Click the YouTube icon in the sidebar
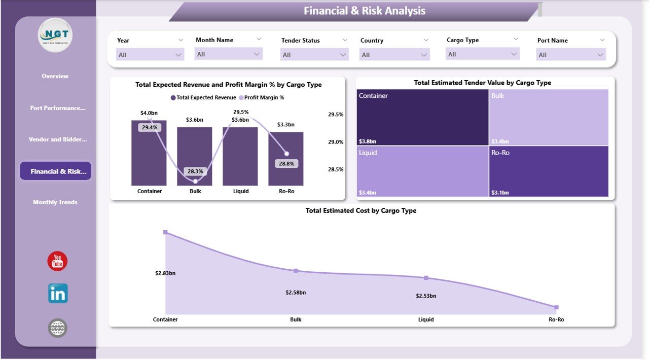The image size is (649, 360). [x=57, y=261]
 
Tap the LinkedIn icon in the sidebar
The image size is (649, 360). [x=58, y=294]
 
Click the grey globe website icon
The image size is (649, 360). [x=57, y=328]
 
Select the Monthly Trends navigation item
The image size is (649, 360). [x=55, y=202]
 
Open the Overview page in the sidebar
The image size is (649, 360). [x=55, y=76]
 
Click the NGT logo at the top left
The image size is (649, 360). [x=55, y=35]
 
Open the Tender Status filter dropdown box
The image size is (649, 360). [x=314, y=55]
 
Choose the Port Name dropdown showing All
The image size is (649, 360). [x=571, y=55]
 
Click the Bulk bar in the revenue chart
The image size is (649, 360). [x=194, y=152]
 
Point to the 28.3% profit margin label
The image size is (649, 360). [x=195, y=171]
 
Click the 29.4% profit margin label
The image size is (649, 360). [x=149, y=128]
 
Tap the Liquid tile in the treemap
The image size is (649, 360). [x=422, y=171]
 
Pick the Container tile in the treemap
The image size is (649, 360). [x=422, y=117]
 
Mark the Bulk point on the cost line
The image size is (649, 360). [x=296, y=271]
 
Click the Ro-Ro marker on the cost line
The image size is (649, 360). [x=556, y=307]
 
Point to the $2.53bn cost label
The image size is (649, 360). [x=426, y=296]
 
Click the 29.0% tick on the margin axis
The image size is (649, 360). [x=336, y=142]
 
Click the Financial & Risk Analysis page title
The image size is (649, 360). [x=365, y=11]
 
